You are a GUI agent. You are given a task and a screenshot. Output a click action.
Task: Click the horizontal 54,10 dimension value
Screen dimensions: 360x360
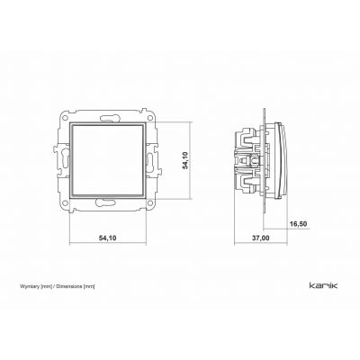[107, 238]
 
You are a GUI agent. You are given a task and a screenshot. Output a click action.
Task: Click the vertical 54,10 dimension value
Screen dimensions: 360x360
[185, 160]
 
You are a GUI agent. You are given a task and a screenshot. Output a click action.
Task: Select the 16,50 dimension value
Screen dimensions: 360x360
[299, 224]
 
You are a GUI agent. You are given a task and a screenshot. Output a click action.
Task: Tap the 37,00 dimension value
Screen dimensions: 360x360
[260, 238]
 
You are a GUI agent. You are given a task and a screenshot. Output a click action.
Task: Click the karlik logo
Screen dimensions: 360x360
[323, 284]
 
